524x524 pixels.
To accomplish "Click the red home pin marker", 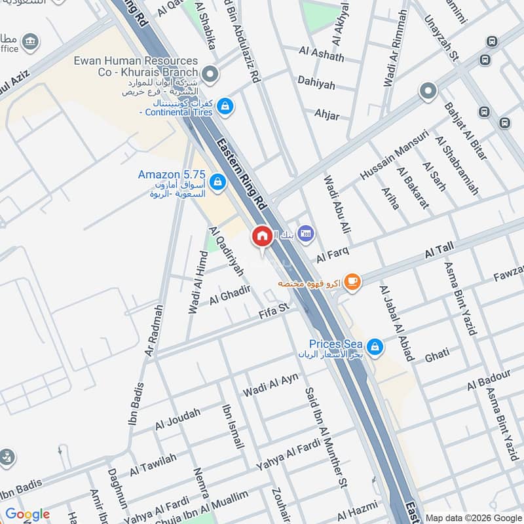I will pyautogui.click(x=262, y=236).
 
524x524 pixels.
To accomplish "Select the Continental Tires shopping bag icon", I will pyautogui.click(x=225, y=106).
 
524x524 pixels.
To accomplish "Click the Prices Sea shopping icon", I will pyautogui.click(x=375, y=345).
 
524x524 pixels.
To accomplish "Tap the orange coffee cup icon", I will pyautogui.click(x=352, y=282).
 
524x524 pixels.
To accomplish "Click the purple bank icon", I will pyautogui.click(x=305, y=233).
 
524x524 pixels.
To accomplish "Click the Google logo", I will pyautogui.click(x=27, y=514).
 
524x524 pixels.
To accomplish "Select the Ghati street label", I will pyautogui.click(x=437, y=354).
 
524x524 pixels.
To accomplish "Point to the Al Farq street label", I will pyautogui.click(x=333, y=252).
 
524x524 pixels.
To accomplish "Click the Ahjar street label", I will pyautogui.click(x=327, y=115).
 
